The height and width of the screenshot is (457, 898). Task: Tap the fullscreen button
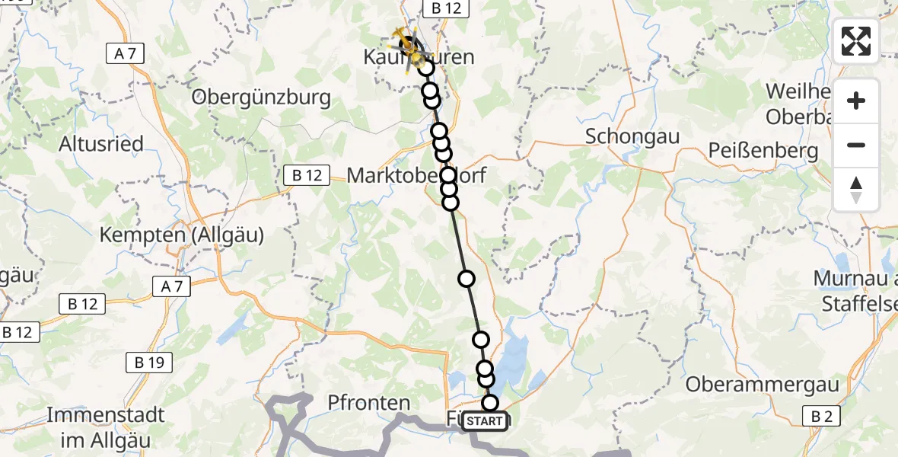point(856,41)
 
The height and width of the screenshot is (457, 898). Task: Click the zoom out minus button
point(856,145)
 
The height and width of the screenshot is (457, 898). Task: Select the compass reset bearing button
point(856,189)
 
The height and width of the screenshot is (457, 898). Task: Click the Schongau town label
point(632,136)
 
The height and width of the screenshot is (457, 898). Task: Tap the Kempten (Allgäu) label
point(182,235)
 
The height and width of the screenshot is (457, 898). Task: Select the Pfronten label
point(369,402)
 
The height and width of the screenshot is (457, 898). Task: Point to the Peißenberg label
point(763,150)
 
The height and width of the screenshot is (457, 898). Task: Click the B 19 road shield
point(149,363)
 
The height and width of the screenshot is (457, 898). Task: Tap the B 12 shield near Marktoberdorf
point(307,175)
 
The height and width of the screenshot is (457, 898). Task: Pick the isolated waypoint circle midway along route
point(467,279)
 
